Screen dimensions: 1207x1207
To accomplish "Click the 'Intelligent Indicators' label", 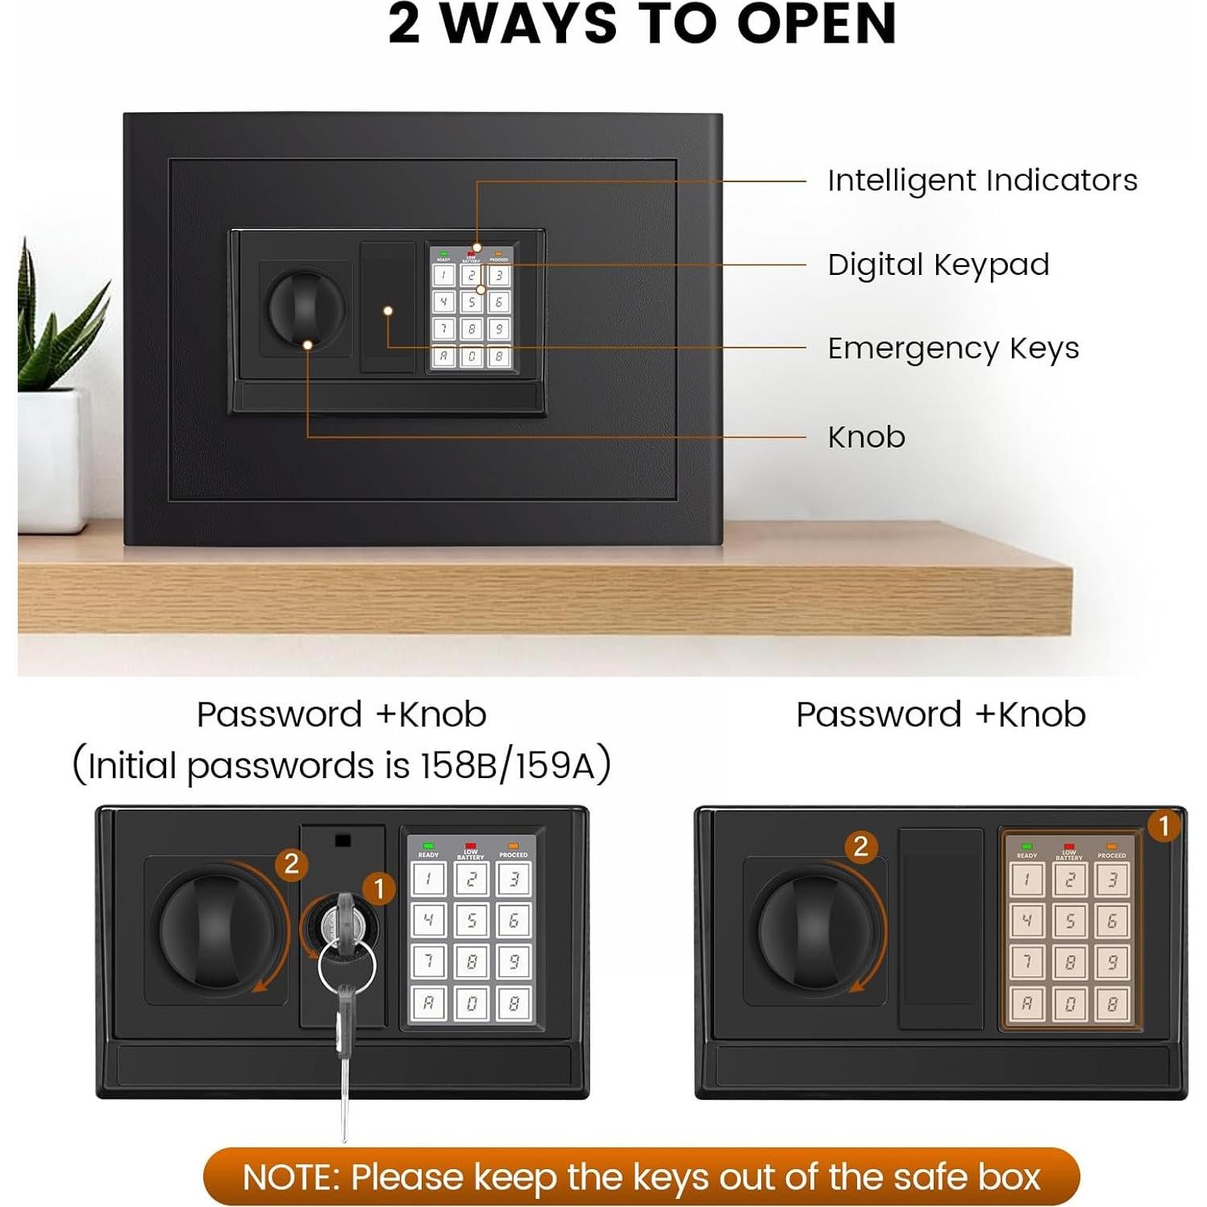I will click(x=982, y=181).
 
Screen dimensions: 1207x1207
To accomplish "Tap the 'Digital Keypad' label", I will click(x=938, y=264).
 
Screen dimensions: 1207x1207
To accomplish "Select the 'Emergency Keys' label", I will click(x=953, y=348).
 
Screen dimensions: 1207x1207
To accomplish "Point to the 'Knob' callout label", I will click(x=866, y=437).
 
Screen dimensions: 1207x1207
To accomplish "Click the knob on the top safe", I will click(x=306, y=309).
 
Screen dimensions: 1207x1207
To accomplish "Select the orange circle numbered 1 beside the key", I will click(x=379, y=889).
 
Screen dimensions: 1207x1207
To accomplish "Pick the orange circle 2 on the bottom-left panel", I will click(x=291, y=864).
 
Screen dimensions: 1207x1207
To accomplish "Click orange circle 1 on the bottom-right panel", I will click(x=1163, y=826).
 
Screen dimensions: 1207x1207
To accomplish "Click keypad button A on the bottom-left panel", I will click(x=428, y=1004).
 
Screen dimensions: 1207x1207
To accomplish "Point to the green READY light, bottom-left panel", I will click(x=428, y=846).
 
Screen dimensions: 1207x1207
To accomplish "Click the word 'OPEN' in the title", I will click(x=816, y=24).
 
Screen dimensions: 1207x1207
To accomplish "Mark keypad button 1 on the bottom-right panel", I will click(x=1027, y=879).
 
